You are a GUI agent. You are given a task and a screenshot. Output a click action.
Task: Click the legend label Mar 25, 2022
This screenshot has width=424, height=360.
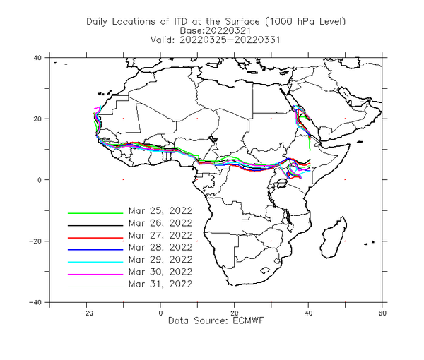(160, 210)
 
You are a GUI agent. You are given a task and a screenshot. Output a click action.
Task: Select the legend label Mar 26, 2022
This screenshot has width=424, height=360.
(160, 223)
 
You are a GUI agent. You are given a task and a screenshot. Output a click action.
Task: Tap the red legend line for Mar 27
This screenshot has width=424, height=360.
(95, 238)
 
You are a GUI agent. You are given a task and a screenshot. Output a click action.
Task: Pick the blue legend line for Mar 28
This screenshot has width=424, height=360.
(95, 250)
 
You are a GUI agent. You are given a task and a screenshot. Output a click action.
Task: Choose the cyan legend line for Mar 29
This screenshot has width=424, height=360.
(95, 262)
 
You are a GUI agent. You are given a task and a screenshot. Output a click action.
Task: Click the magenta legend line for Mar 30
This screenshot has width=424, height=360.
(95, 275)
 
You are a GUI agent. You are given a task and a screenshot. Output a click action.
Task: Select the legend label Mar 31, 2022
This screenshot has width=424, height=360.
(160, 284)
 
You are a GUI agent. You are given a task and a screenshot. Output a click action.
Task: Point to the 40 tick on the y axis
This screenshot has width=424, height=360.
(37, 58)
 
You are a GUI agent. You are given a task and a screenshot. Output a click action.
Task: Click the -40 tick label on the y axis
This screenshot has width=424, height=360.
(35, 303)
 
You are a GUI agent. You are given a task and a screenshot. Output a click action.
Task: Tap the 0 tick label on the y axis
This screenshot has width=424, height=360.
(40, 180)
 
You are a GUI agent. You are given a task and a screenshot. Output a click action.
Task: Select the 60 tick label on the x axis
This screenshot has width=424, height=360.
(382, 313)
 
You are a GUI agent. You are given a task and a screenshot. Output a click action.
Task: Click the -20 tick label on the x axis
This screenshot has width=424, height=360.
(86, 313)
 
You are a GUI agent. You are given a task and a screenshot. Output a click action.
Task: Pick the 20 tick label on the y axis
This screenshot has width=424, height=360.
(37, 119)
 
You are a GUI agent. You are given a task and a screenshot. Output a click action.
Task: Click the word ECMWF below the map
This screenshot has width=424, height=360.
(248, 321)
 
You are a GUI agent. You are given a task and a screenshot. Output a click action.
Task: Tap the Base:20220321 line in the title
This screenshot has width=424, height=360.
(216, 30)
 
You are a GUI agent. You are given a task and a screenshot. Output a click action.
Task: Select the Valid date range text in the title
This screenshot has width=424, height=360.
(216, 40)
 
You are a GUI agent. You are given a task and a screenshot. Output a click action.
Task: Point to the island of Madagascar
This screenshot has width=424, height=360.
(334, 238)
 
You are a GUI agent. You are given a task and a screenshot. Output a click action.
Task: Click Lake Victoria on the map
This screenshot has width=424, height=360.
(282, 183)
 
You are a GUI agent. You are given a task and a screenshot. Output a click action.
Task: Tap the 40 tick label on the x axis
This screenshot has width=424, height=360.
(308, 313)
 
